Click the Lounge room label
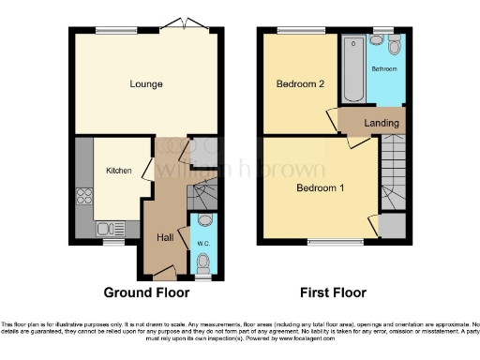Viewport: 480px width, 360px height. [146, 84]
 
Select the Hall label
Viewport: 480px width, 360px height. [165, 237]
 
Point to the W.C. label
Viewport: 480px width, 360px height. [203, 245]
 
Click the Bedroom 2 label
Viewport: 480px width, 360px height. [300, 84]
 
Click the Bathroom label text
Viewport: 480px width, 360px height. [385, 69]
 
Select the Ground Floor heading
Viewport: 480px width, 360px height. [146, 292]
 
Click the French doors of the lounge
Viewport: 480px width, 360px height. [176, 23]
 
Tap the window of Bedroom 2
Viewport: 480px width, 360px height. [292, 33]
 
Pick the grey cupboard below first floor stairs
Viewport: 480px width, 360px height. [393, 226]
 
